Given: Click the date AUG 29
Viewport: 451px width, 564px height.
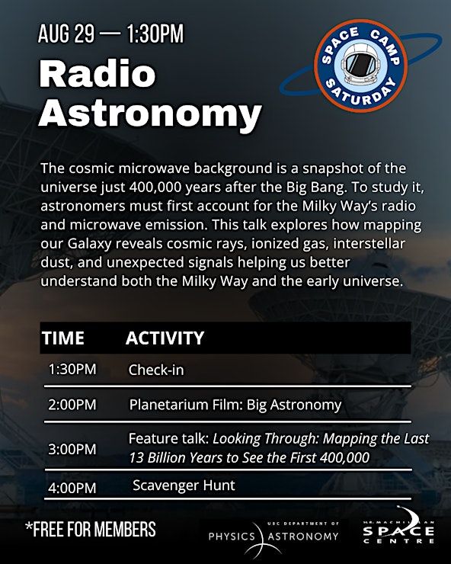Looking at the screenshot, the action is point(66,34).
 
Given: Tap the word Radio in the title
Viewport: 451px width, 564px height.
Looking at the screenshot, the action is point(98,75).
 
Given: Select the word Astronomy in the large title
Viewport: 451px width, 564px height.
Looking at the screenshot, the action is point(150,114).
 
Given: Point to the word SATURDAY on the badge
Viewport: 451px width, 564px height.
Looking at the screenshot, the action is point(361,94).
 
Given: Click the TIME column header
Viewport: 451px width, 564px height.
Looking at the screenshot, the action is point(63,338).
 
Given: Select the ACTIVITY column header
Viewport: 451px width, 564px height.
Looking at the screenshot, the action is point(165,338).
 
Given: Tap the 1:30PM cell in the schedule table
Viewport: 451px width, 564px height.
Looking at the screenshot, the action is point(72,370).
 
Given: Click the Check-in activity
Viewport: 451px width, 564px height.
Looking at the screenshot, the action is point(156,370).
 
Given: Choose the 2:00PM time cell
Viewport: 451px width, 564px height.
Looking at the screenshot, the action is point(72,405).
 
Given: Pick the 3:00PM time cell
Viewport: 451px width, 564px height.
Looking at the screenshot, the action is point(72,449).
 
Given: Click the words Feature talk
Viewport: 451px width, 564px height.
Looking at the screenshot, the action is point(168,438).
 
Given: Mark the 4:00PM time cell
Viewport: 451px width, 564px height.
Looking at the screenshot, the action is point(72,488).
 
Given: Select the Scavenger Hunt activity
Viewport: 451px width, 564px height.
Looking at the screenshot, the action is point(184,485).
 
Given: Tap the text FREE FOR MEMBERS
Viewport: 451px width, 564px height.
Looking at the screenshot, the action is point(91,529).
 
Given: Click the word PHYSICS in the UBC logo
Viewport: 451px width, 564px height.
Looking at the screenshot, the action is point(232,537).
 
